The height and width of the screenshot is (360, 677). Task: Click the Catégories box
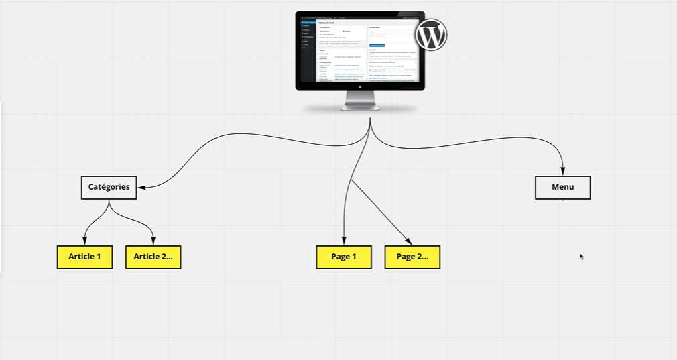[x=109, y=188]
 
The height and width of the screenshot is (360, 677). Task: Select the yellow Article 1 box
[x=84, y=257]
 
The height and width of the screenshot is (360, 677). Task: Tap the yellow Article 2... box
[x=153, y=257]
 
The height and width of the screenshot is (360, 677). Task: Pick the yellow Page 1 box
[x=344, y=257]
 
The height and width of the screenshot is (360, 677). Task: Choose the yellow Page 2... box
[x=412, y=257]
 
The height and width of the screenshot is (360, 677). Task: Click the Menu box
[x=562, y=188]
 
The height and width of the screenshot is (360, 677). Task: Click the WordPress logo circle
[x=431, y=36]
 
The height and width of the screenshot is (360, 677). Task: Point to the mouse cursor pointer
[x=581, y=255]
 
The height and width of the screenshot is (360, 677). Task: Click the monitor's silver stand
[x=360, y=101]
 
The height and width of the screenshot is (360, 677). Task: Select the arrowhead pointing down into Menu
[x=562, y=172]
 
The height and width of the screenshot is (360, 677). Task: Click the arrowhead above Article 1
[x=84, y=241]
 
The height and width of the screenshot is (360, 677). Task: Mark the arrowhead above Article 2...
[x=153, y=241]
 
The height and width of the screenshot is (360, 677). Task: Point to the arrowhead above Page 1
[x=344, y=241]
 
